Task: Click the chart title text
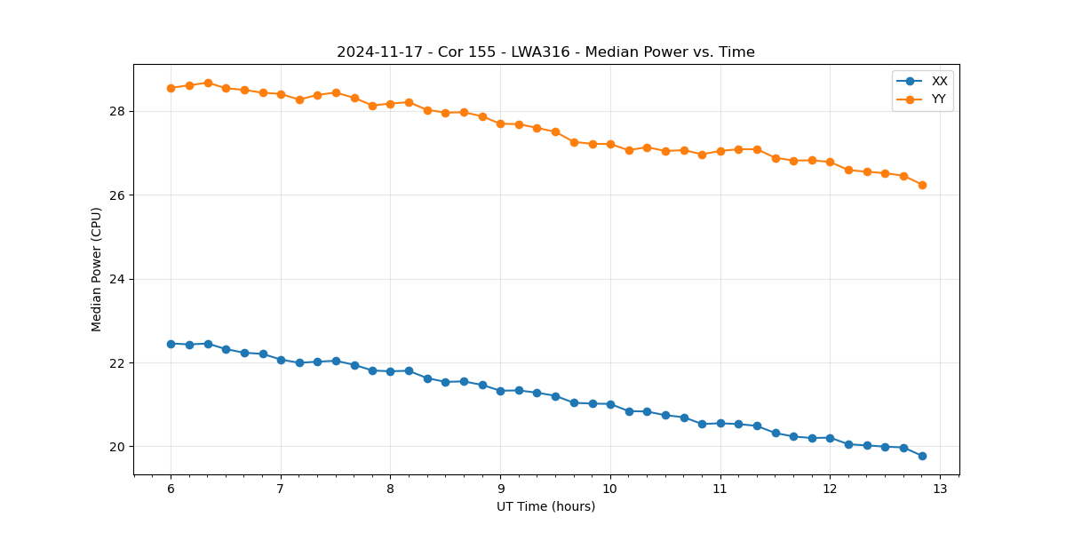pos(545,52)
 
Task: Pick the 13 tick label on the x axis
pos(940,489)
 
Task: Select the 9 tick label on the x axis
pos(500,489)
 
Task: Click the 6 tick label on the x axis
pos(171,489)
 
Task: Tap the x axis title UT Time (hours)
pos(545,506)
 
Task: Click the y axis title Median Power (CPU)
pos(97,269)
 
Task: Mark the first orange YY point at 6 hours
pos(171,88)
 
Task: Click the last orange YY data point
pos(922,185)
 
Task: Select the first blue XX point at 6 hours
pos(171,344)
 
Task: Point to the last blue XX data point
pos(922,456)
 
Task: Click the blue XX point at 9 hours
pos(500,391)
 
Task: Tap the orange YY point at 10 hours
pos(610,144)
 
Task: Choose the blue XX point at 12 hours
pos(830,438)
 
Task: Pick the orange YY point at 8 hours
pos(390,104)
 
